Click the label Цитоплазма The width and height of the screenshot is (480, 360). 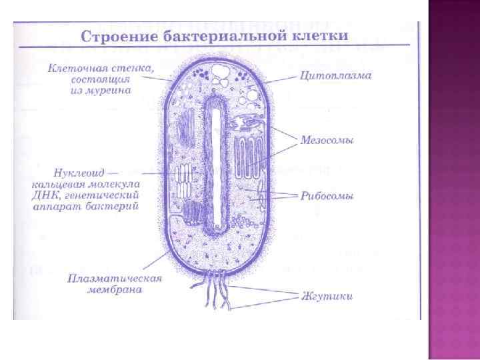coord(336,75)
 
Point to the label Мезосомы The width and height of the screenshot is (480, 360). coord(327,141)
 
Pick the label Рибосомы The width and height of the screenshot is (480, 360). coord(326,196)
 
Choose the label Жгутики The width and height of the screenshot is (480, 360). coord(327,295)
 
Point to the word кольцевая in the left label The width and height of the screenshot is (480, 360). coord(57,183)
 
